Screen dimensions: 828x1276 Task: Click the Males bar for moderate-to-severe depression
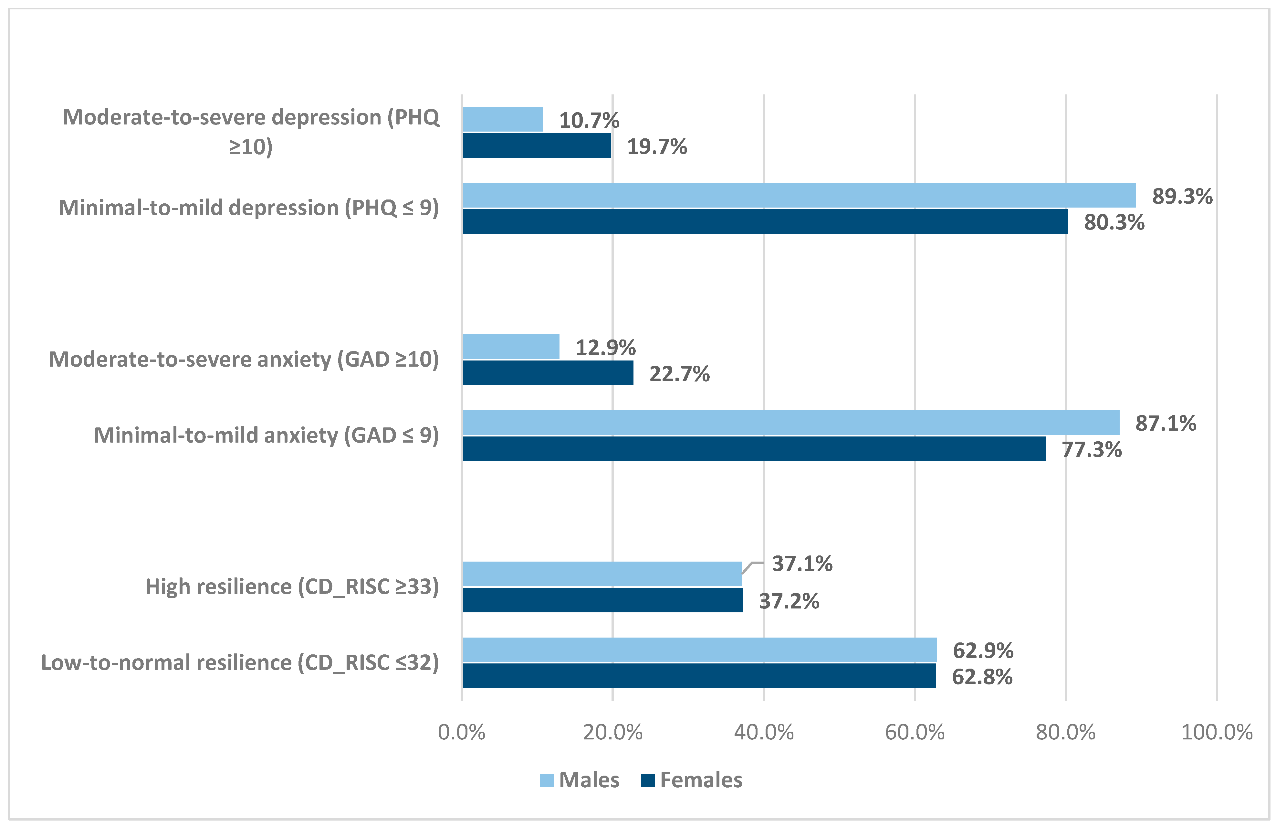point(502,119)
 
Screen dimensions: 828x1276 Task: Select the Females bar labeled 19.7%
point(537,145)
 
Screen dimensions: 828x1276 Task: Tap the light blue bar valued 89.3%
point(799,195)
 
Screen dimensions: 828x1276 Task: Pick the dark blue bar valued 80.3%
point(765,221)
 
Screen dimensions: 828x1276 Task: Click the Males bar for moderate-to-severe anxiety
point(511,347)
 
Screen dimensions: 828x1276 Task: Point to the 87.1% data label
point(1166,424)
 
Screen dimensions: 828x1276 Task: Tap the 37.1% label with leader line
point(802,564)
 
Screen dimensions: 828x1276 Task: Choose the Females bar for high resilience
point(602,600)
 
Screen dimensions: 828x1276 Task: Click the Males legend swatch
point(546,780)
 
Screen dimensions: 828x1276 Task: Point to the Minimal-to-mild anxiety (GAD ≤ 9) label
point(267,435)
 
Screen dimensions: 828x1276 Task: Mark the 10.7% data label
point(589,120)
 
